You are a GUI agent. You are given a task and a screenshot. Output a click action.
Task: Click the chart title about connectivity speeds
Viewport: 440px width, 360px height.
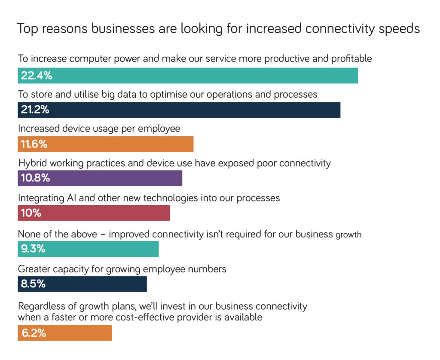point(218,29)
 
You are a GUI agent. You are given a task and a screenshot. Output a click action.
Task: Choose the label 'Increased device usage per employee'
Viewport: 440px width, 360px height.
point(99,129)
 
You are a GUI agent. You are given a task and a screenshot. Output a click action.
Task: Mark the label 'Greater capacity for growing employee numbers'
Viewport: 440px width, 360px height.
point(122,269)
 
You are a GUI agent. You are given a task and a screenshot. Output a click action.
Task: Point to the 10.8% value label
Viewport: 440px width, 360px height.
point(35,178)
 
